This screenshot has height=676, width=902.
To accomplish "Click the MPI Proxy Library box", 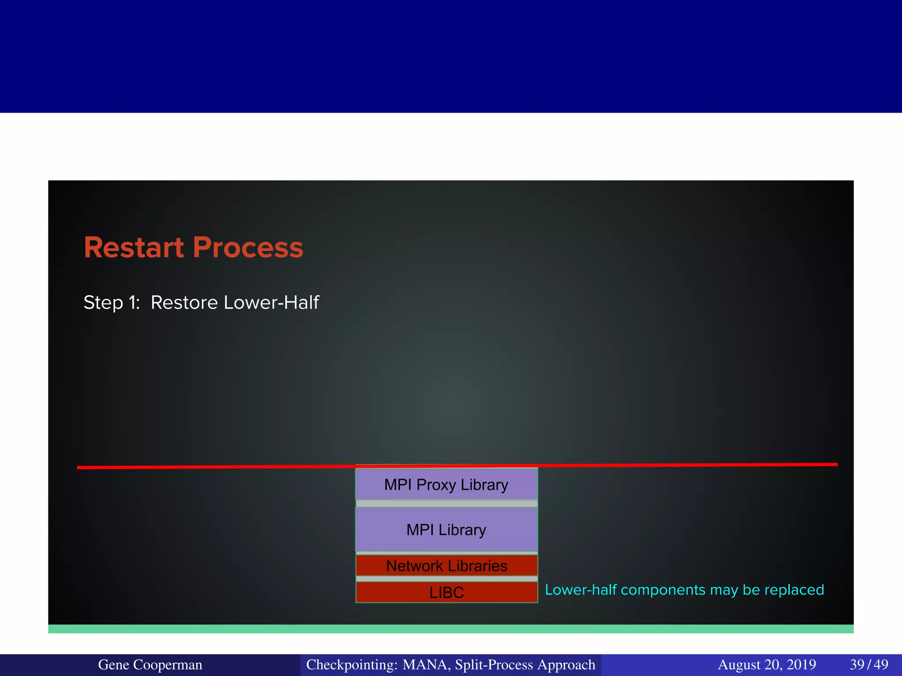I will (446, 484).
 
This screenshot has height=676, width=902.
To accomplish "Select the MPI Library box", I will (446, 529).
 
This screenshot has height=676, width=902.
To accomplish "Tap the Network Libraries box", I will (446, 566).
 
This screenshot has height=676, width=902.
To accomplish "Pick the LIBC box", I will (446, 592).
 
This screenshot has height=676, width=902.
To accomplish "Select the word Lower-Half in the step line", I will (271, 303).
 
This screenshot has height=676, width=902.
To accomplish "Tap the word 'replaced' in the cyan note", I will (794, 590).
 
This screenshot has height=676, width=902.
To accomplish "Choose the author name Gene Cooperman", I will (150, 665).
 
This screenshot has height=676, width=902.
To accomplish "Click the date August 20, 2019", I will (767, 665).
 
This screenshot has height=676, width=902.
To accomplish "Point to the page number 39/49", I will (869, 665).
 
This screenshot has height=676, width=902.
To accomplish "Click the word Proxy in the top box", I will (436, 485).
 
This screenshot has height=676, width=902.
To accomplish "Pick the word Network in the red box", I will (414, 566).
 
